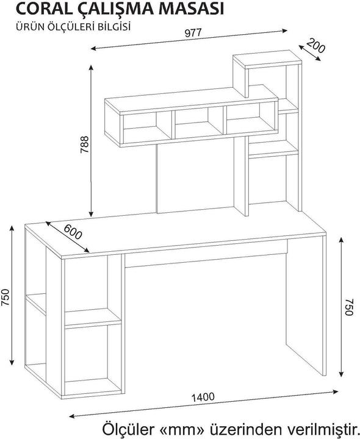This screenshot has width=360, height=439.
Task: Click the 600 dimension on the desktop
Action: pos(71,232)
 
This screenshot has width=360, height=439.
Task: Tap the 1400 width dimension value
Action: pos(202,397)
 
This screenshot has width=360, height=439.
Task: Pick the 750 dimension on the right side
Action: pos(349,307)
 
